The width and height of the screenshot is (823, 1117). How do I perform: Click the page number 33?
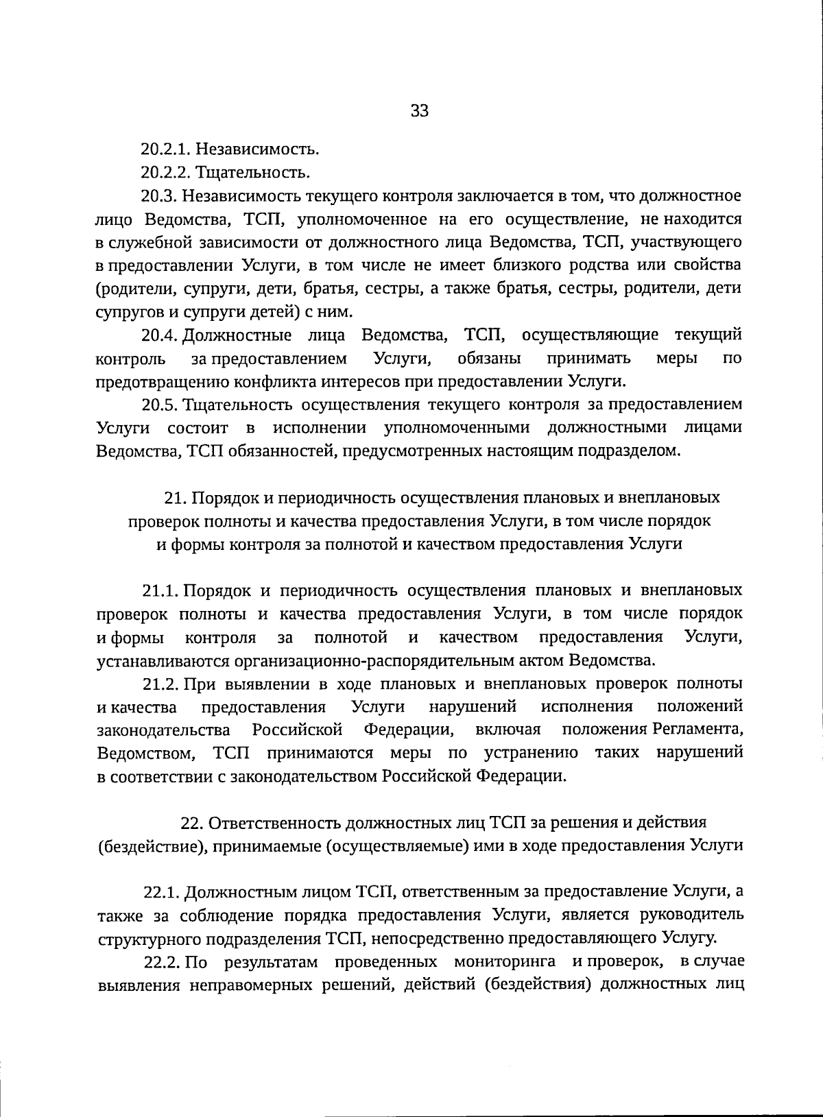pyautogui.click(x=419, y=110)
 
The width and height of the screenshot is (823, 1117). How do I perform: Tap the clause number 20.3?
pyautogui.click(x=159, y=195)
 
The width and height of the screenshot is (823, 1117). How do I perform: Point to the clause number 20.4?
pyautogui.click(x=159, y=335)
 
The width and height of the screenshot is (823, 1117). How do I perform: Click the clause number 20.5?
pyautogui.click(x=159, y=405)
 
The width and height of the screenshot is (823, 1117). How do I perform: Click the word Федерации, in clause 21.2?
pyautogui.click(x=407, y=729)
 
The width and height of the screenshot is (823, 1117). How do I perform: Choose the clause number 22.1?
pyautogui.click(x=162, y=892)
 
